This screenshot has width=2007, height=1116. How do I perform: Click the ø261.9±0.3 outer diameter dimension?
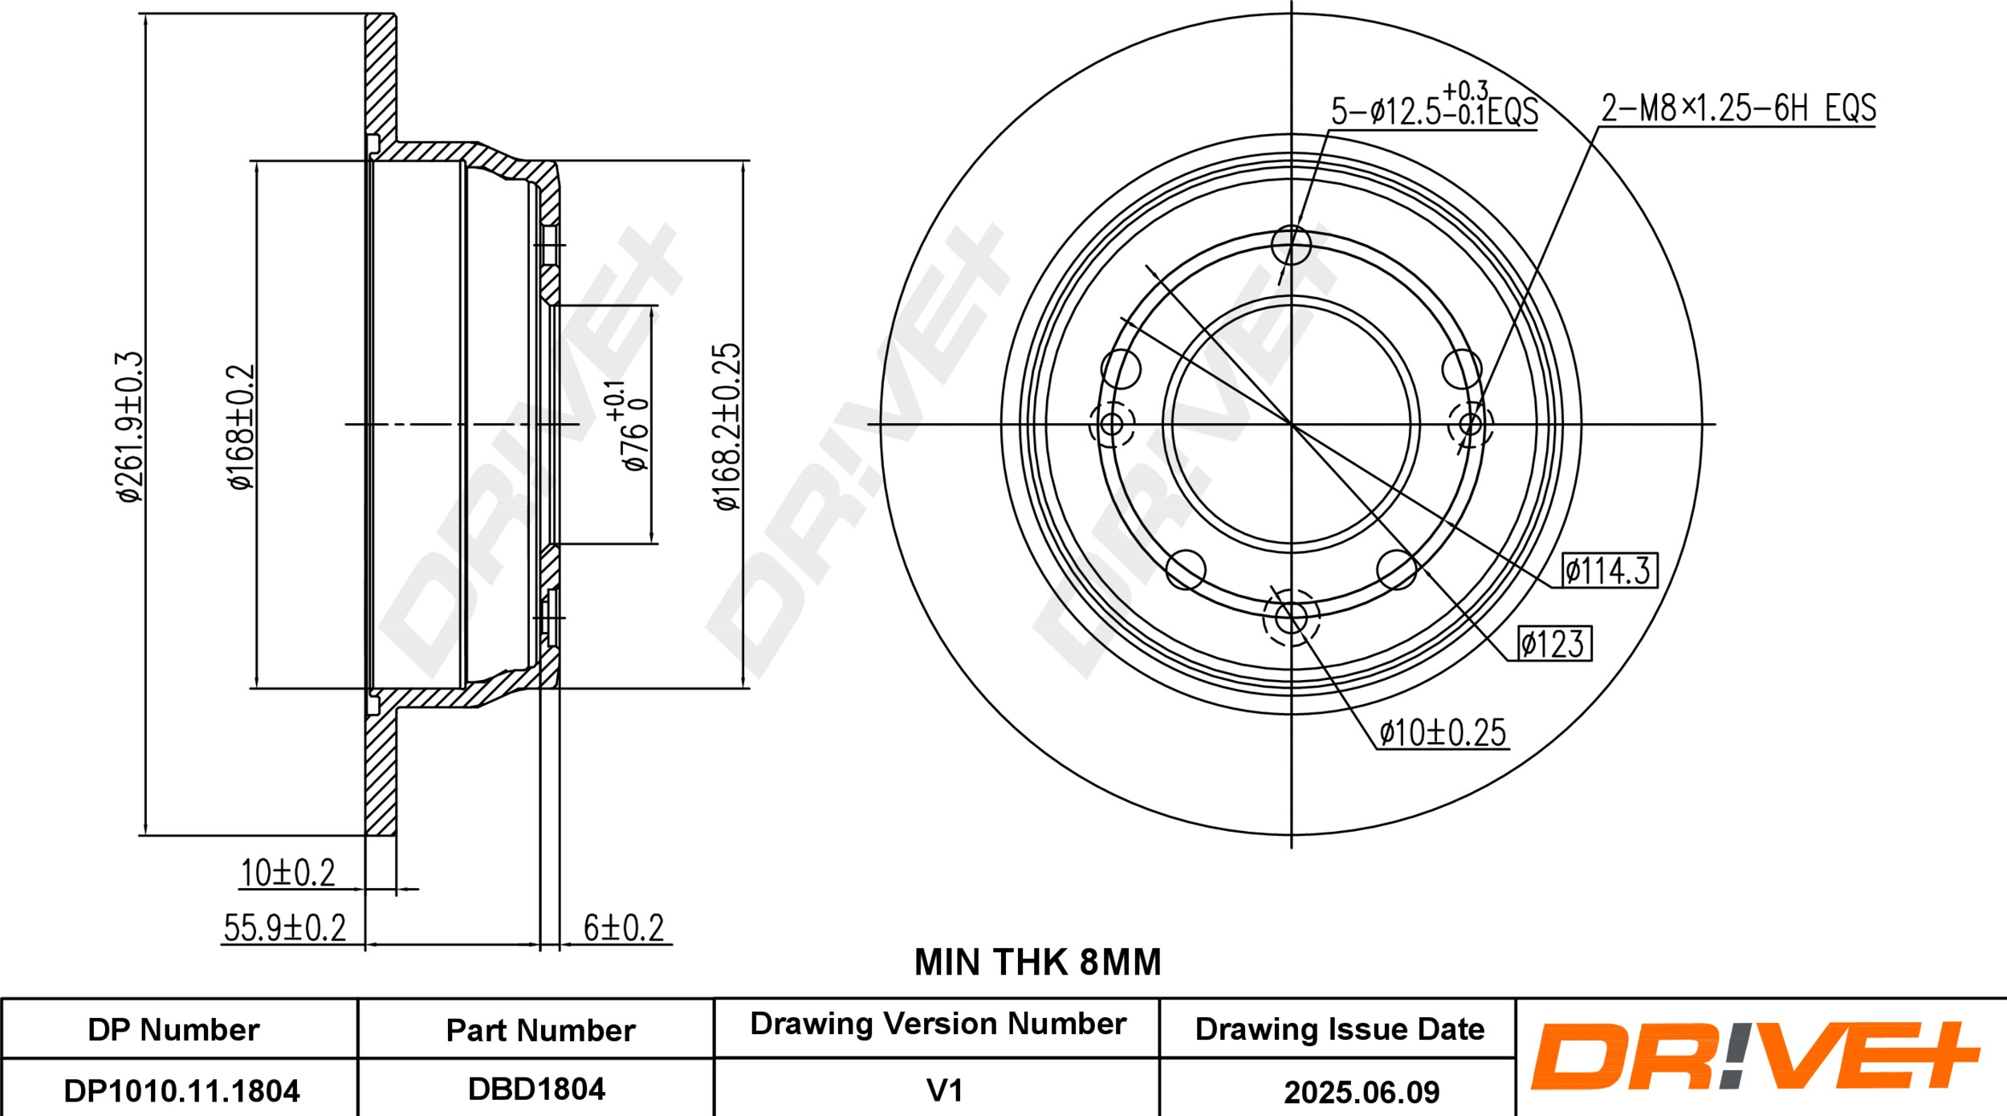(x=130, y=426)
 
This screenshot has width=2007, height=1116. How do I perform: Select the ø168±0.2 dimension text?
(x=241, y=426)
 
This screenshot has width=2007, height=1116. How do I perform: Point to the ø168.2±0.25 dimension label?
(x=728, y=426)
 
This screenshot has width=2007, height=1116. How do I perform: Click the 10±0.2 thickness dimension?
(x=288, y=873)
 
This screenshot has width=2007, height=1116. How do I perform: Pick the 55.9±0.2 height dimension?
(x=284, y=928)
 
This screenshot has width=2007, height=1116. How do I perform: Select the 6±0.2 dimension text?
(x=624, y=928)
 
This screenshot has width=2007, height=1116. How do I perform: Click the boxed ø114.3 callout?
(x=1609, y=571)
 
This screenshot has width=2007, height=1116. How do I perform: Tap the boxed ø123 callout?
(x=1553, y=643)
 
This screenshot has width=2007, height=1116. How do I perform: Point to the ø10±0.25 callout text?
(x=1443, y=732)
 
